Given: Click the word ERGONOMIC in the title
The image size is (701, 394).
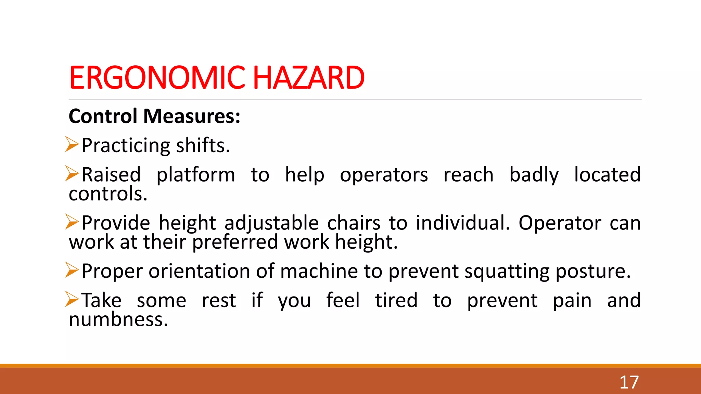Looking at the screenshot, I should (x=157, y=78).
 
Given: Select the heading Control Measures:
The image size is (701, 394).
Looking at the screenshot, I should (x=154, y=116).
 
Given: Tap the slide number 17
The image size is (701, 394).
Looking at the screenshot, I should (x=629, y=382).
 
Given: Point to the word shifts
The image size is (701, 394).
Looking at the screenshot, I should (x=203, y=146).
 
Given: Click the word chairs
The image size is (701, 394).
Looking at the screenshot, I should (x=354, y=223).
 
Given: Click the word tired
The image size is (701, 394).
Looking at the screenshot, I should (x=396, y=300).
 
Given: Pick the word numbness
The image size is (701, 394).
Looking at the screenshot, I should (x=118, y=320).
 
